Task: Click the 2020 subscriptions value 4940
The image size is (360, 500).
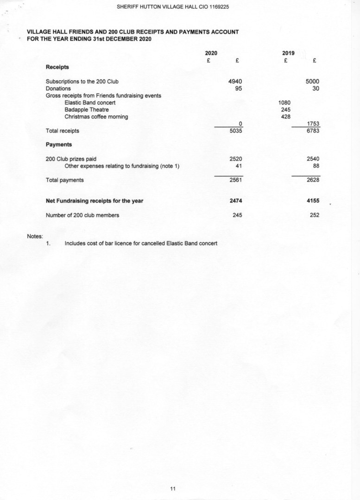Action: pyautogui.click(x=236, y=81)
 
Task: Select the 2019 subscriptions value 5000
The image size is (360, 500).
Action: pyautogui.click(x=313, y=81)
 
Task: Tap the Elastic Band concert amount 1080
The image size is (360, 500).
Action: pyautogui.click(x=284, y=102)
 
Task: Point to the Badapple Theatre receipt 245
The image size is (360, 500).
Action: pyautogui.click(x=285, y=110)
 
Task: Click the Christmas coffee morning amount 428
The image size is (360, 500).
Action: pyautogui.click(x=285, y=117)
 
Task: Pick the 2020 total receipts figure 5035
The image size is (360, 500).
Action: pyautogui.click(x=236, y=131)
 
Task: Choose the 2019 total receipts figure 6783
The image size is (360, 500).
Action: pyautogui.click(x=313, y=131)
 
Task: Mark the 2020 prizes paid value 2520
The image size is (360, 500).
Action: pyautogui.click(x=236, y=159)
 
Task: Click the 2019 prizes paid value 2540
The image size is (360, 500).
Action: pyautogui.click(x=313, y=159)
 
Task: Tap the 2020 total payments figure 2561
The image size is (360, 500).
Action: pyautogui.click(x=236, y=180)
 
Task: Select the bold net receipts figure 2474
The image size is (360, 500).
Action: pyautogui.click(x=236, y=201)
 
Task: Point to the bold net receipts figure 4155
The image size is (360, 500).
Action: pyautogui.click(x=313, y=201)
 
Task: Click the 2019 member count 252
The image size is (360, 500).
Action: pyautogui.click(x=315, y=215)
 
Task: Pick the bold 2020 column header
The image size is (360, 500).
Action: pyautogui.click(x=211, y=53)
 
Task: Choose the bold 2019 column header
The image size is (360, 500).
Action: pyautogui.click(x=288, y=53)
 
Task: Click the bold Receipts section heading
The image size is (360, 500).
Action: pyautogui.click(x=57, y=67)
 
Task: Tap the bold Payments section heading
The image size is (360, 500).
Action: pyautogui.click(x=59, y=144)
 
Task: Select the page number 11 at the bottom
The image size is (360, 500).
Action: pyautogui.click(x=173, y=488)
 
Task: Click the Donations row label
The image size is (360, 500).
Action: pyautogui.click(x=58, y=88)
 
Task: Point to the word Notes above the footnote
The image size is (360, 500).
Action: pyautogui.click(x=35, y=236)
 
